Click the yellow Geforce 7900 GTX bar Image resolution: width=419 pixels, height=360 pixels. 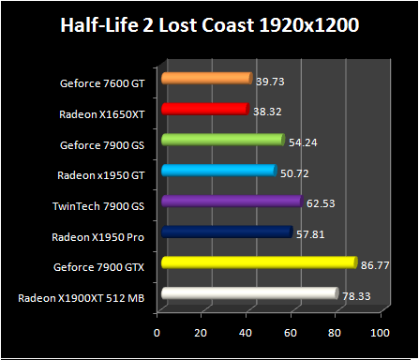(x=259, y=262)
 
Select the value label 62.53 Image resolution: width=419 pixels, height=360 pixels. (x=318, y=204)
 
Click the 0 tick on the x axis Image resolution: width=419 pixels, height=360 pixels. (x=157, y=332)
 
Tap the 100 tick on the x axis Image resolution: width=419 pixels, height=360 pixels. (x=379, y=332)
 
